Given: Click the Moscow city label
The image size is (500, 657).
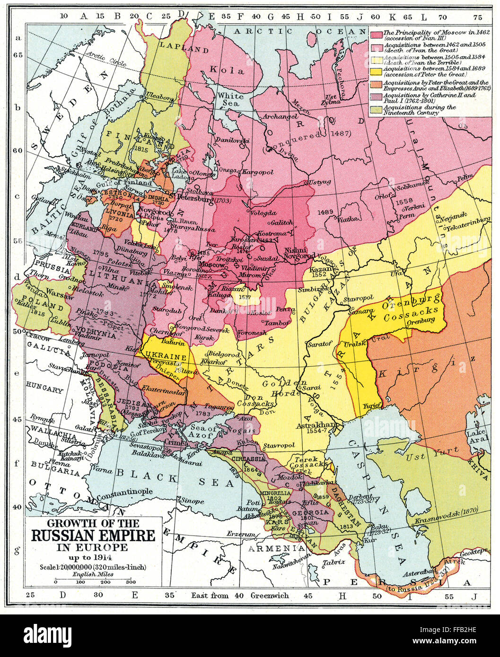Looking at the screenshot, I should [212, 265].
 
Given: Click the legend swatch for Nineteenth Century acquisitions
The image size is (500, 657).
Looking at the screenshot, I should [376, 110].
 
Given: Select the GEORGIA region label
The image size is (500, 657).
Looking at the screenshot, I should [310, 512].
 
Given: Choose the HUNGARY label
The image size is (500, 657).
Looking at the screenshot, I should [44, 390].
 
